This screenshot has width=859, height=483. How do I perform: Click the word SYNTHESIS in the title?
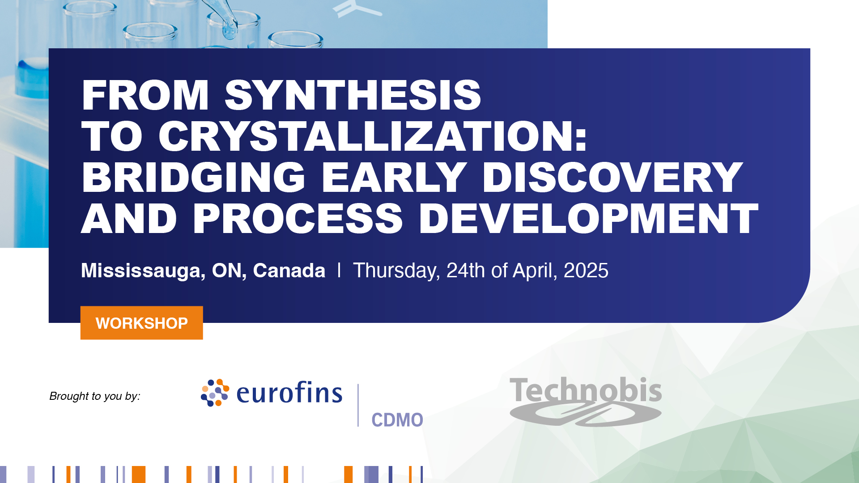click(353, 95)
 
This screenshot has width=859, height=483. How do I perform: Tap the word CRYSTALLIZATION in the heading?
click(372, 136)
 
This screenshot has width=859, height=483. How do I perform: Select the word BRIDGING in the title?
click(193, 178)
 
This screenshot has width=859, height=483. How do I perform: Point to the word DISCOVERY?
click(612, 178)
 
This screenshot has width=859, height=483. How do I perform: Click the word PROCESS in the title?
click(298, 219)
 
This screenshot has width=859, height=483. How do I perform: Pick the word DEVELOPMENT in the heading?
click(588, 219)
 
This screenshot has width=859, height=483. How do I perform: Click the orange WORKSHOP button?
click(141, 323)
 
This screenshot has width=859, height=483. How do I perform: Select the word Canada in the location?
click(289, 271)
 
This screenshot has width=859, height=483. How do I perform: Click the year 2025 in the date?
click(586, 271)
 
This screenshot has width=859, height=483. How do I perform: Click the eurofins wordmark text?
click(289, 393)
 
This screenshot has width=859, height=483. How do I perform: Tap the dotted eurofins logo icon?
click(215, 393)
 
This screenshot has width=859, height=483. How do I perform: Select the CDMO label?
click(397, 420)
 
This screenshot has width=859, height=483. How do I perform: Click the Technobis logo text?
click(585, 390)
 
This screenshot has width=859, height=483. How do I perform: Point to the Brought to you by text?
click(95, 396)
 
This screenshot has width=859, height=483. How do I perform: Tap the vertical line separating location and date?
click(339, 270)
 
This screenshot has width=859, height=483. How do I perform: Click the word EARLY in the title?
click(394, 178)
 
